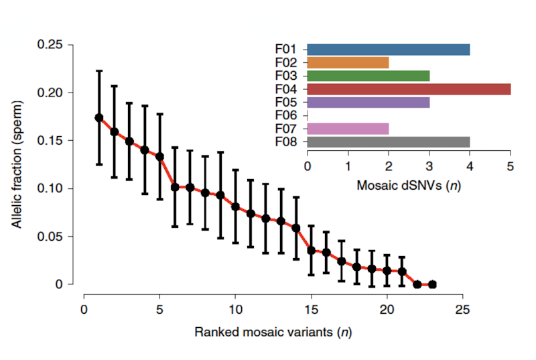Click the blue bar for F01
388,50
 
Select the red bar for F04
409,89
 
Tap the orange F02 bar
348,62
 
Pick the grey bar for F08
388,141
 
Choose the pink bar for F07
348,128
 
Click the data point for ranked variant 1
99,117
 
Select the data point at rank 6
175,187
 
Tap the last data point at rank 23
432,284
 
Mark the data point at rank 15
311,250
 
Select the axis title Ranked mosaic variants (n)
273,332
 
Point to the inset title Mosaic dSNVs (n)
409,184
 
